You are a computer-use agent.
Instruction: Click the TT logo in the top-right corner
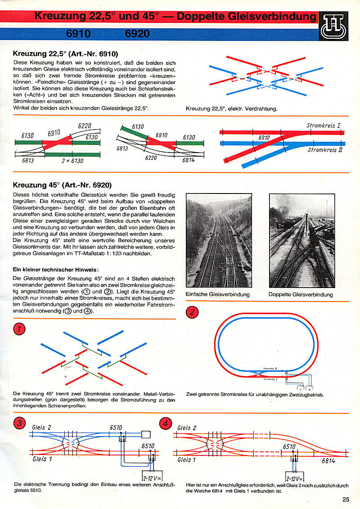click(334, 28)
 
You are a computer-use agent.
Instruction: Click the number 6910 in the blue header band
click(78, 34)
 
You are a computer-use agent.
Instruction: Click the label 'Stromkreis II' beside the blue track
click(325, 150)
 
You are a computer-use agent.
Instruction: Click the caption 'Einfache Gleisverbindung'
click(217, 295)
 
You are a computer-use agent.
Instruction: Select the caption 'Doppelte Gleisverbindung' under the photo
click(301, 295)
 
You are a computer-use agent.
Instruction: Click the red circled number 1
click(19, 329)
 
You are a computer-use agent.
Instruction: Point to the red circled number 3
click(19, 423)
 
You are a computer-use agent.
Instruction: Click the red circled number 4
click(166, 423)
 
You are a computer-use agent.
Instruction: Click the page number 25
click(346, 499)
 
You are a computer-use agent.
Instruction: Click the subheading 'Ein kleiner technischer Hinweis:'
click(55, 270)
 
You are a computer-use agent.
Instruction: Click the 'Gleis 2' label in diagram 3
click(42, 427)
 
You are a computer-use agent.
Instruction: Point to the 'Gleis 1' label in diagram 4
click(187, 459)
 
